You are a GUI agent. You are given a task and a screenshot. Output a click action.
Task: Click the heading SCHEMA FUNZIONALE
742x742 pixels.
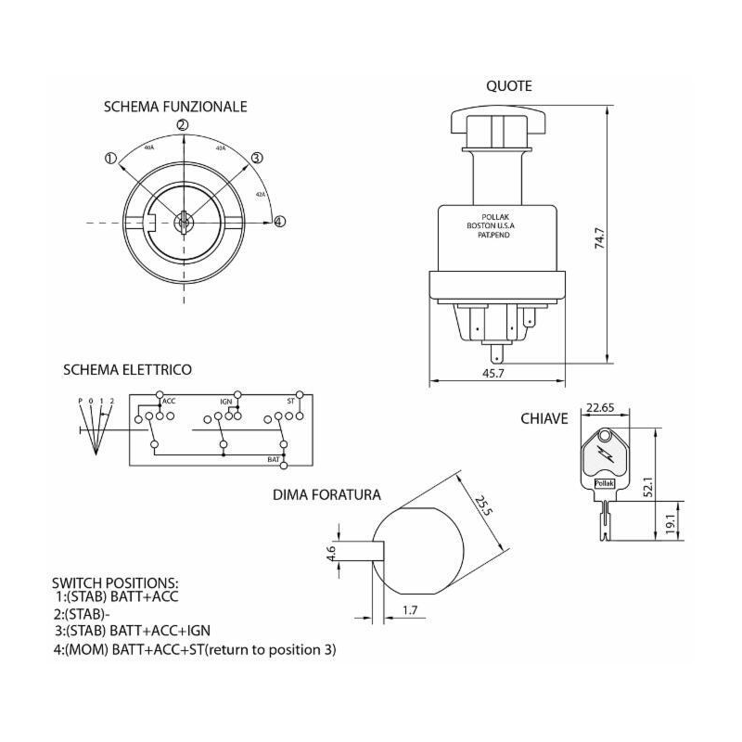174,107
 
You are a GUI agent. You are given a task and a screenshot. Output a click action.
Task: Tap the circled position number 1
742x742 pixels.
110,159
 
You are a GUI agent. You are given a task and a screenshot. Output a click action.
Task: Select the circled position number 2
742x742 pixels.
183,125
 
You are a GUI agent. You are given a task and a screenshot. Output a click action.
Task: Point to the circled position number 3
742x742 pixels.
257,159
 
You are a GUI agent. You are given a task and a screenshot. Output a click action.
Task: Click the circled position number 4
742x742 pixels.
279,221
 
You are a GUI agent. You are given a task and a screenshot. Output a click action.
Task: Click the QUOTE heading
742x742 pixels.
509,86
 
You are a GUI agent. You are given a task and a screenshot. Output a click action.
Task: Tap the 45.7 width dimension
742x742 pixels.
493,372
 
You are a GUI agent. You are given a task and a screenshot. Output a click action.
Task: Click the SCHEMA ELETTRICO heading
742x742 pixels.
127,369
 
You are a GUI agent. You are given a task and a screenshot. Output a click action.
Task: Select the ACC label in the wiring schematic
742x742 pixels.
169,402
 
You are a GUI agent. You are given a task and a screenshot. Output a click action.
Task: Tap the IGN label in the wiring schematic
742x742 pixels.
225,402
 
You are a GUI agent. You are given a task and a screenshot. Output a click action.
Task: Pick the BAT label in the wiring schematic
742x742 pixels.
274,459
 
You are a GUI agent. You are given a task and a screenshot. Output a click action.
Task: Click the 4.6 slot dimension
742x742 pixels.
331,555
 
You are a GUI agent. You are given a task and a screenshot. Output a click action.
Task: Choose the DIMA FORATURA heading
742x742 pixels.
326,495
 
